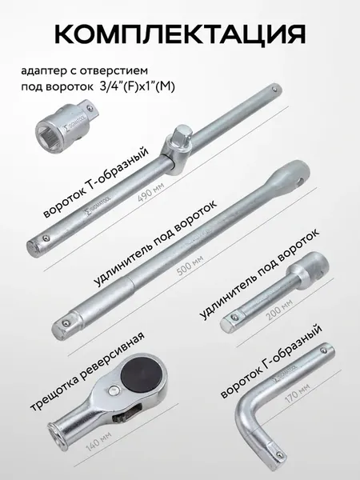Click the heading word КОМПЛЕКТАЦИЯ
pyautogui.click(x=180, y=34)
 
